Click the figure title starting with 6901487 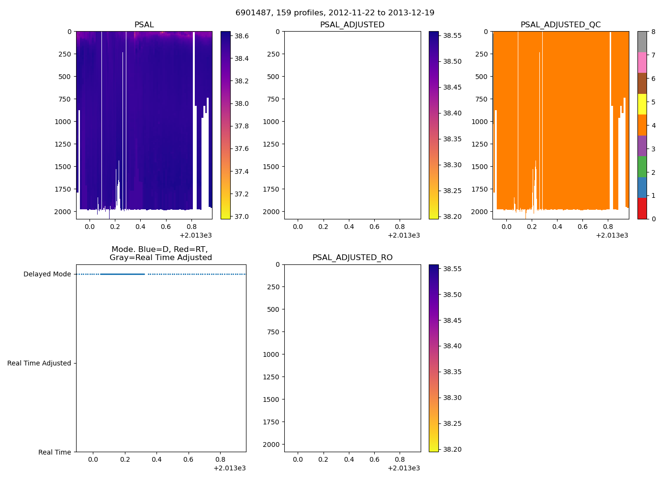click(x=335, y=13)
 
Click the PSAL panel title click(x=144, y=25)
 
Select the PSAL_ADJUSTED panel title click(x=352, y=25)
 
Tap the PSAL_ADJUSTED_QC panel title click(x=560, y=25)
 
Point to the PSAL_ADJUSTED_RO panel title click(x=352, y=258)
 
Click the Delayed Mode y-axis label click(x=47, y=274)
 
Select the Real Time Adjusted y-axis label click(x=39, y=364)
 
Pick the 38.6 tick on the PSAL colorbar click(x=241, y=36)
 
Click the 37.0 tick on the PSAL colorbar click(x=241, y=217)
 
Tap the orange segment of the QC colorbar click(x=642, y=125)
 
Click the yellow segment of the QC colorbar click(x=642, y=104)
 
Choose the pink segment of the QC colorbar click(x=642, y=62)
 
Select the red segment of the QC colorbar click(x=642, y=208)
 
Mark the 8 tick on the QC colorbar click(x=653, y=32)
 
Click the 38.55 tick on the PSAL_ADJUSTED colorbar click(x=452, y=35)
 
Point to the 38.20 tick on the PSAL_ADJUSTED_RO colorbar click(x=452, y=449)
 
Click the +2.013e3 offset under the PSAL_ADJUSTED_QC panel click(x=612, y=235)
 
